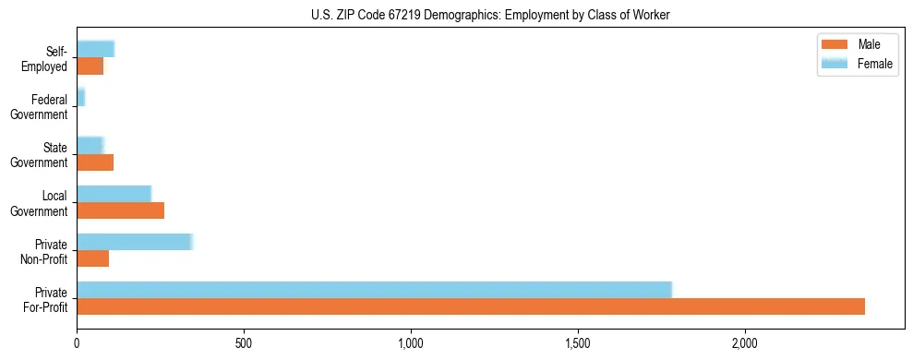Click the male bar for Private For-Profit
(x=471, y=306)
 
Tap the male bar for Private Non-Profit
(x=92, y=258)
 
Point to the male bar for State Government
(x=95, y=162)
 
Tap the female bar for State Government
(x=90, y=146)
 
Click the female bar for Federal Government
(x=80, y=98)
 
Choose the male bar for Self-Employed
(x=90, y=66)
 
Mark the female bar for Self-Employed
(x=95, y=50)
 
